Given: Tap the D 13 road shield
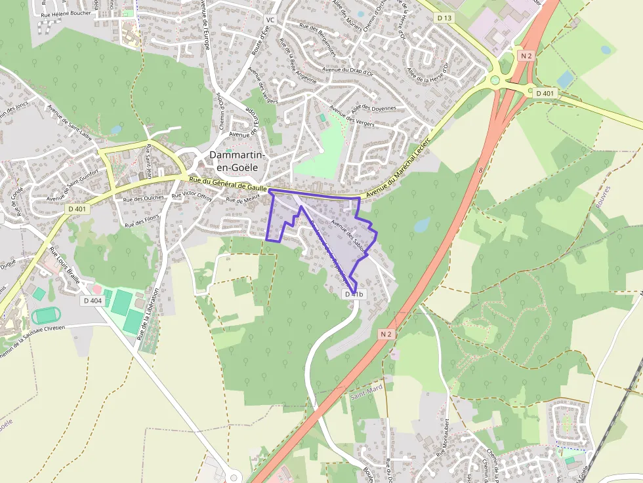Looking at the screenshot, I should (x=444, y=18).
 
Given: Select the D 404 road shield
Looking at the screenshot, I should (x=93, y=301).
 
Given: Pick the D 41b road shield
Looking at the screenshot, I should (x=354, y=295).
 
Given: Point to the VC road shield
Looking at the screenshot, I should (x=270, y=20).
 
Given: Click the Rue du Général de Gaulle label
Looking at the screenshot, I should (x=228, y=184).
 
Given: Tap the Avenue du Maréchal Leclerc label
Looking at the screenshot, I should (x=399, y=168).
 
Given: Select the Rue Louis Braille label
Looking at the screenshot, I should (x=64, y=265).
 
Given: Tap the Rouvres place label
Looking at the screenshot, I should (x=603, y=197).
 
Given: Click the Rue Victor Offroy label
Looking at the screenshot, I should (x=192, y=195).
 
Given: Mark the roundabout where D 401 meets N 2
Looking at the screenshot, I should (x=495, y=81).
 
